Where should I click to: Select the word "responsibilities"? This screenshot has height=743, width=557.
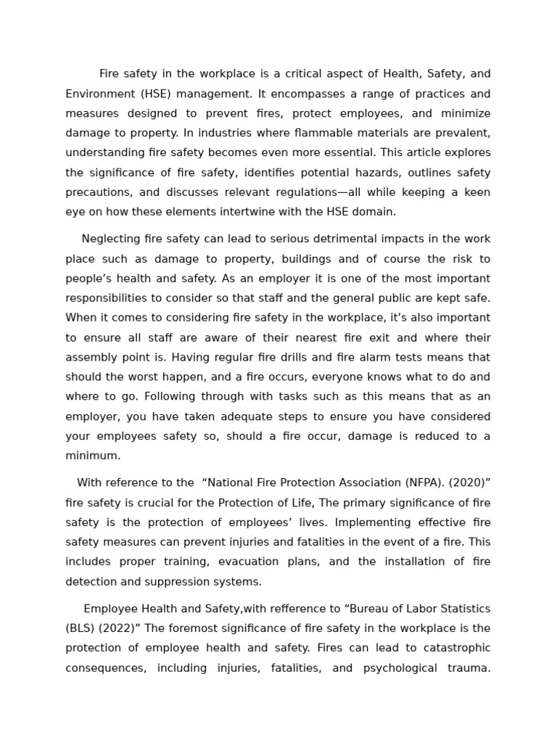tap(109, 298)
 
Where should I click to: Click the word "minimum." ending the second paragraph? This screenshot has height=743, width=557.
tap(93, 456)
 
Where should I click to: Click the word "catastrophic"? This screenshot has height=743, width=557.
tap(450, 648)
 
